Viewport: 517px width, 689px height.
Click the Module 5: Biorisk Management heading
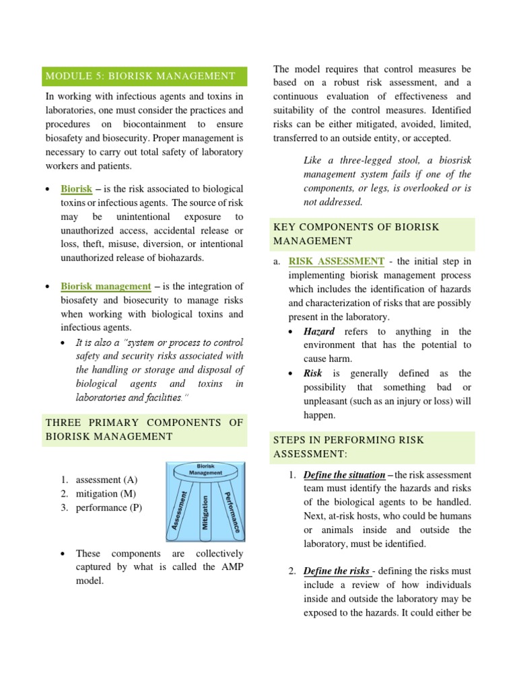(140, 76)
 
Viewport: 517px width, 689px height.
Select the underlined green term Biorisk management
(106, 287)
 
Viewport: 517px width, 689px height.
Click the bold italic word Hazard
(319, 332)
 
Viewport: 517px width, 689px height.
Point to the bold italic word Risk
(313, 373)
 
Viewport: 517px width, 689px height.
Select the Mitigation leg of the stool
(205, 513)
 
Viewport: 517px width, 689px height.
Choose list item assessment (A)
(106, 480)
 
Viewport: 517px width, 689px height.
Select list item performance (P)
(108, 507)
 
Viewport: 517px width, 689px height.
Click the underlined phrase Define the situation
(344, 474)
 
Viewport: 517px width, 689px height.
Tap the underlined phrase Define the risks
(336, 571)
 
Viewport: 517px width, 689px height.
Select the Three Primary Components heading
(143, 429)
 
